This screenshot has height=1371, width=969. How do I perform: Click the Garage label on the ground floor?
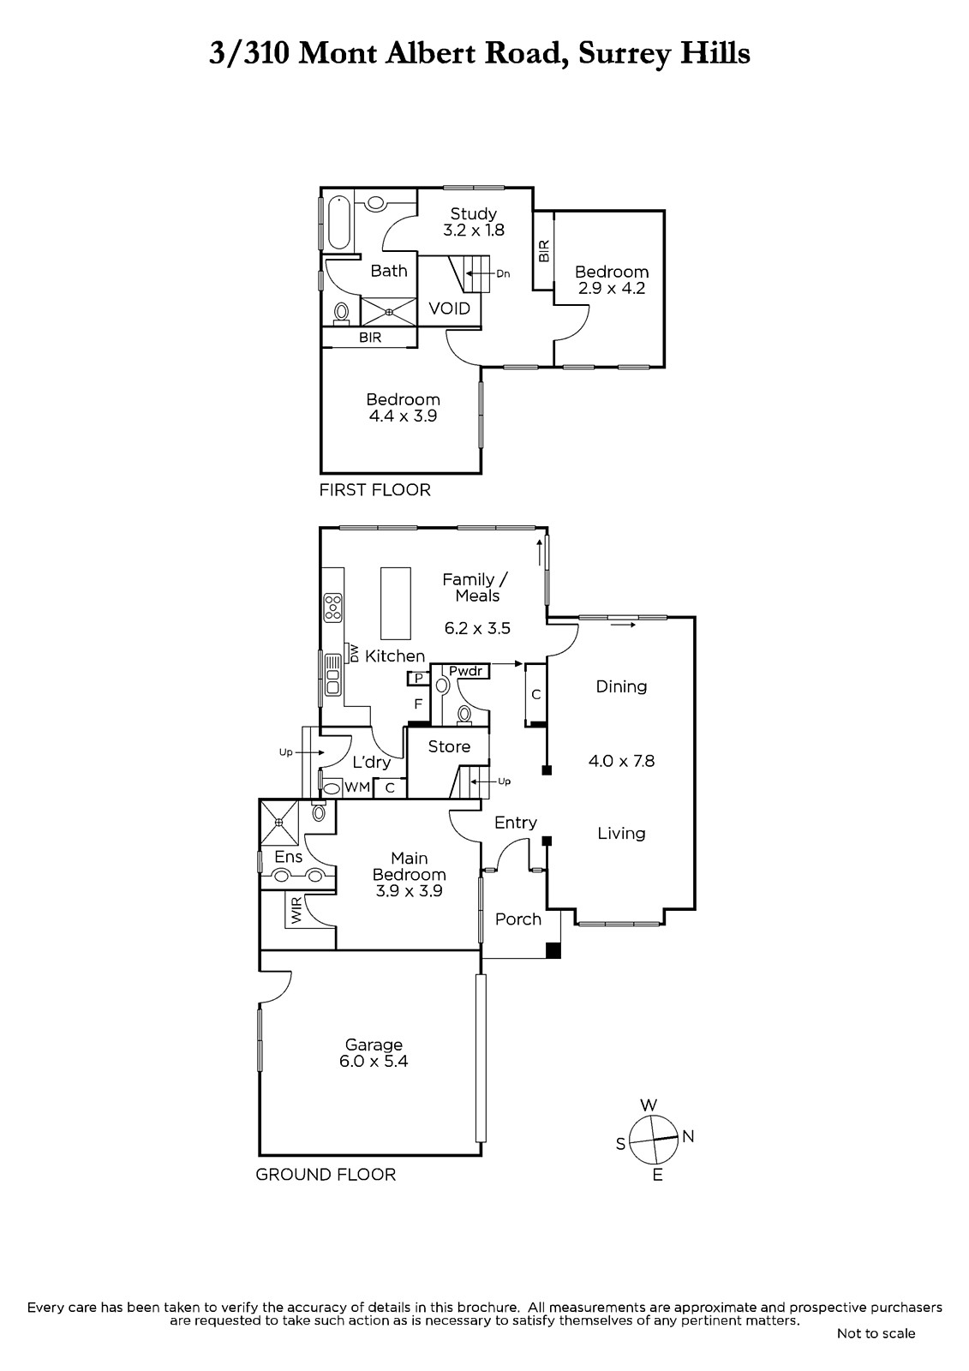(x=374, y=1045)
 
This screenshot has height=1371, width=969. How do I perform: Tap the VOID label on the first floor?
(x=449, y=308)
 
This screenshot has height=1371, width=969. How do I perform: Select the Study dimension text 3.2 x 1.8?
(x=473, y=230)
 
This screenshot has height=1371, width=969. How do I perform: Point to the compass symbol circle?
(x=655, y=1139)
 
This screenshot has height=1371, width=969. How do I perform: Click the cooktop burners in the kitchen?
(x=333, y=608)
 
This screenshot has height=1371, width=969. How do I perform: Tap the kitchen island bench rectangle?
(x=396, y=603)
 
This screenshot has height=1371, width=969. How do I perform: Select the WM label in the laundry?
(x=357, y=787)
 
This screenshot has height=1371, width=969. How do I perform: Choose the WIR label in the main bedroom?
(x=296, y=910)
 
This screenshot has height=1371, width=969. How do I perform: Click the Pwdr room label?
(x=466, y=671)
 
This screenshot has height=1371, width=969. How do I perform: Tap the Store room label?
(x=449, y=746)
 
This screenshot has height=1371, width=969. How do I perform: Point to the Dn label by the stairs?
(x=503, y=273)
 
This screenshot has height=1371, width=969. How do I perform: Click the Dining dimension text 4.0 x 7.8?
(x=621, y=761)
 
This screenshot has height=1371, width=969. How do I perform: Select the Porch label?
(x=517, y=919)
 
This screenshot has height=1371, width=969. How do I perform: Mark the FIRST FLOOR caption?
(x=374, y=489)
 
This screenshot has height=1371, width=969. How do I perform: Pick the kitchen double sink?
(x=333, y=675)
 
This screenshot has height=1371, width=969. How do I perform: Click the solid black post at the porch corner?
(x=553, y=950)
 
